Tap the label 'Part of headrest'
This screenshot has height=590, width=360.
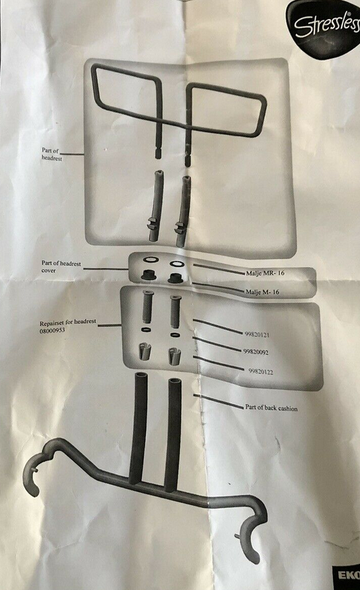coord(52,154)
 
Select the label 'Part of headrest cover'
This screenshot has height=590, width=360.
coord(61,267)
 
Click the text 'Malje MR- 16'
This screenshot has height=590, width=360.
coord(265,273)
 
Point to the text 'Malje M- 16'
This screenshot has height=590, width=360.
coord(262,291)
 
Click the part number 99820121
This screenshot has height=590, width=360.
coord(257,334)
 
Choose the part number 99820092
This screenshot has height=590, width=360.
coord(256,352)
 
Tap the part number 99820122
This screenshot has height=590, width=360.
coord(260,372)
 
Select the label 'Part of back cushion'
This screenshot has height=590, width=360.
coord(271,407)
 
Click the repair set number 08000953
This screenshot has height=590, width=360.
coord(52,331)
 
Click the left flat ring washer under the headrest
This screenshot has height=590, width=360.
coord(151,259)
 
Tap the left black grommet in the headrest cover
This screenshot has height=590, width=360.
coord(148,275)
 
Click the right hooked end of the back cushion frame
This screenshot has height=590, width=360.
coord(251,534)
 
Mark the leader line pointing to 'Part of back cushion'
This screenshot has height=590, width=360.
coord(218,401)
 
